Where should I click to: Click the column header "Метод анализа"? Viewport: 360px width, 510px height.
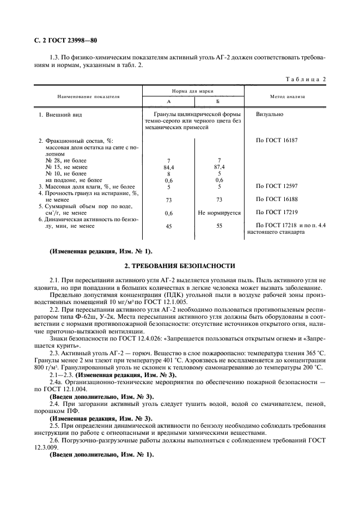(288, 96)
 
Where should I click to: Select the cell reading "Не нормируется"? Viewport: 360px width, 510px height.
(219, 213)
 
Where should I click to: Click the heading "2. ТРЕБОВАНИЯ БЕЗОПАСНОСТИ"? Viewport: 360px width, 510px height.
(180, 266)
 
